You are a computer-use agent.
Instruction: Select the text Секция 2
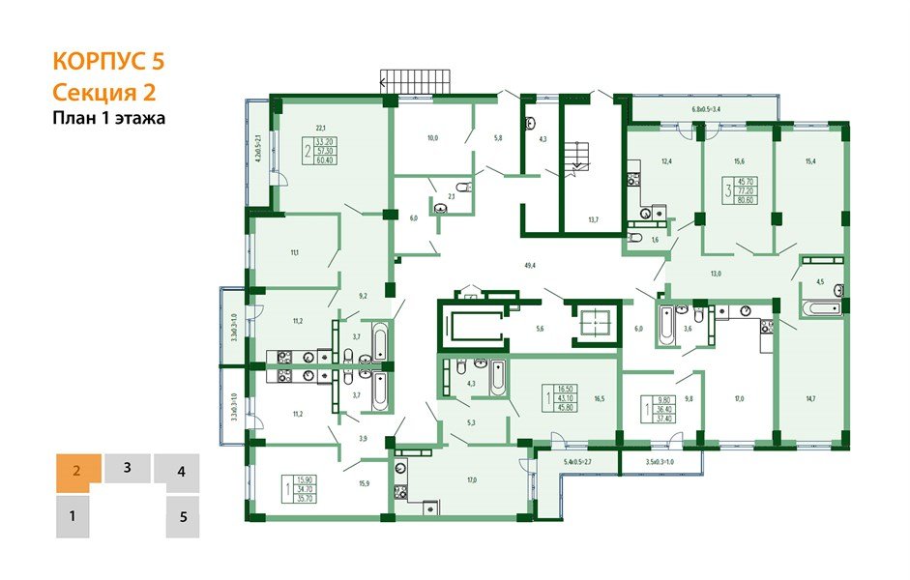(103, 92)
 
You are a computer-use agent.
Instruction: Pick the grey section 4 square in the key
(181, 474)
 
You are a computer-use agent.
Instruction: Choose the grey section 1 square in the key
(72, 517)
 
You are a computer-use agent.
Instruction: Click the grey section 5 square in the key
(183, 517)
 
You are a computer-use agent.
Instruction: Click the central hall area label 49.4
(529, 263)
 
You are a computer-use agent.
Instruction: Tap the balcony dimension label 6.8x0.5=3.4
(712, 110)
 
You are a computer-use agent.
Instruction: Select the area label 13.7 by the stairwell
(593, 220)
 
